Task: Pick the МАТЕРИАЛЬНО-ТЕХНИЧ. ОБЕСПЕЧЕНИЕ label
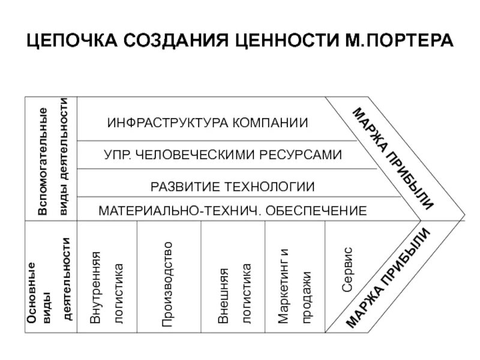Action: coord(232,211)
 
